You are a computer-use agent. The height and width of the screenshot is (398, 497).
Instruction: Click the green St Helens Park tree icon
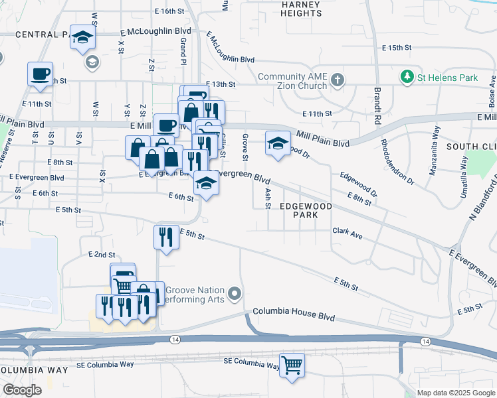point(407,78)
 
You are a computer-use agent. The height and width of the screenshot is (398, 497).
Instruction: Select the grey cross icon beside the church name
point(338,81)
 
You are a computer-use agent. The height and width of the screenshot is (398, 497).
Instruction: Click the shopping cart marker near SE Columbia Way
point(292,365)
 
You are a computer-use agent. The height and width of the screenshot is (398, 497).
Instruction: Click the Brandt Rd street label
point(377,99)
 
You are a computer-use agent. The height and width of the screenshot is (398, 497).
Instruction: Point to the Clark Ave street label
point(347,235)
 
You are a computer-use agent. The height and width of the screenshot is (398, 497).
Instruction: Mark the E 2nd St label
point(102,255)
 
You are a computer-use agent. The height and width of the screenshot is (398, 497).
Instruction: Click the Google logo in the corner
point(23,389)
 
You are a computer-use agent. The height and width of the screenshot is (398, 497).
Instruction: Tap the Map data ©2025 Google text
point(455,393)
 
